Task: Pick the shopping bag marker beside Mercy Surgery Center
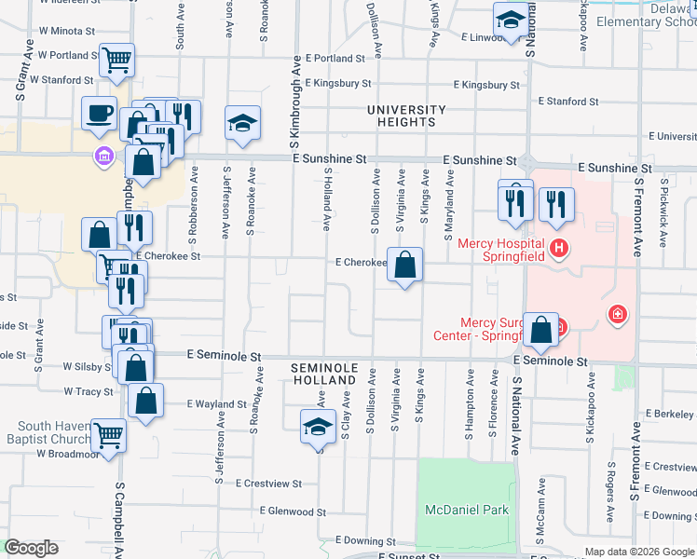(540, 330)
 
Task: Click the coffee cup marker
(99, 114)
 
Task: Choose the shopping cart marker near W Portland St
(117, 61)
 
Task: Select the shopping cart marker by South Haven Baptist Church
(109, 433)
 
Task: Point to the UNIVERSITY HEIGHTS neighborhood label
(401, 116)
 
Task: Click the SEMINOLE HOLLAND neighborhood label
(324, 375)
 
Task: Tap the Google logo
(31, 548)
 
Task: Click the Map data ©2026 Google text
(638, 552)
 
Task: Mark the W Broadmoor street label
(67, 454)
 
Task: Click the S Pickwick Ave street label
(663, 212)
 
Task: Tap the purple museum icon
(102, 155)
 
